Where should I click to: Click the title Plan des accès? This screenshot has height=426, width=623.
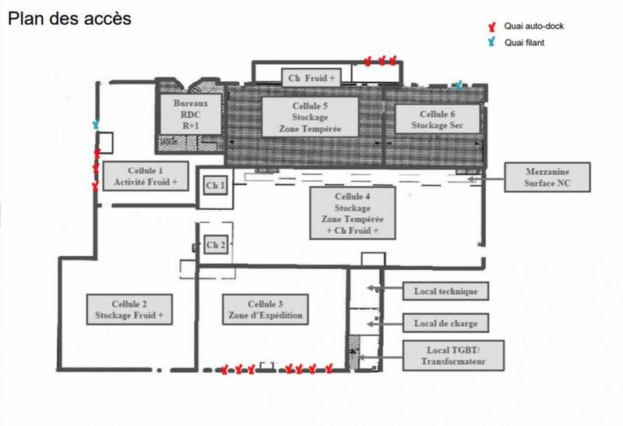(69, 18)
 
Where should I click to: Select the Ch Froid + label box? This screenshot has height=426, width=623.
(311, 76)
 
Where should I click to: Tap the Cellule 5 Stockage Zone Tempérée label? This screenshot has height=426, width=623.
(309, 117)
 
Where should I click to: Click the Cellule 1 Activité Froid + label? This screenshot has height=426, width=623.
(146, 176)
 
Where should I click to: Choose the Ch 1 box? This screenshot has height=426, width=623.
(215, 186)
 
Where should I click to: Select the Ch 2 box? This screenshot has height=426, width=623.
(215, 244)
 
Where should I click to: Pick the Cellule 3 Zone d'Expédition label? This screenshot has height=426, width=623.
(265, 309)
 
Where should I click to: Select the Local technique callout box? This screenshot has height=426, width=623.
(446, 292)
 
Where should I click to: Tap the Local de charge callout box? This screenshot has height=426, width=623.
(446, 322)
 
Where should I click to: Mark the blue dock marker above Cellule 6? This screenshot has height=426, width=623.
(461, 83)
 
